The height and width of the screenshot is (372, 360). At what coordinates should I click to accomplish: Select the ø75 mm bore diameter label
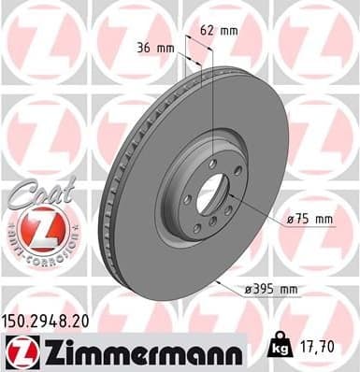(x=310, y=220)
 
